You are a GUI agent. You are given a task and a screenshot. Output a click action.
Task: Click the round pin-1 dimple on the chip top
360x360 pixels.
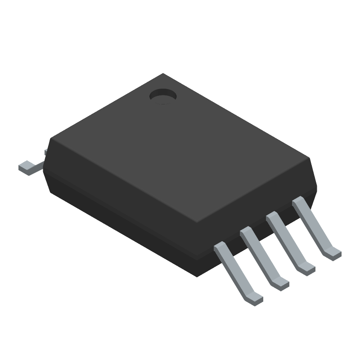pos(163,95)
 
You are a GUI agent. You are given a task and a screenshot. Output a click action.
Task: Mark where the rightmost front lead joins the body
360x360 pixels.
pos(298,202)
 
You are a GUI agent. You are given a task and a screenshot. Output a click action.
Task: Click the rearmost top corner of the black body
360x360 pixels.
pos(163,74)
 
